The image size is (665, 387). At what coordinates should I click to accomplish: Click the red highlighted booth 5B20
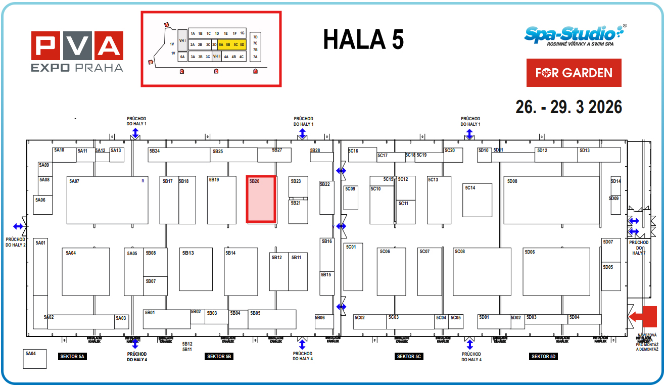point(261,199)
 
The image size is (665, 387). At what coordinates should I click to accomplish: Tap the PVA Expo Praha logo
point(77,52)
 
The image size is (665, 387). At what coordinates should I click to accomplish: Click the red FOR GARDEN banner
point(574,73)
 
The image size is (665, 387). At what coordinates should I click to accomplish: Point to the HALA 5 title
point(363,39)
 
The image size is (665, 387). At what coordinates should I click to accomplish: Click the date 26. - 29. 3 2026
point(568,107)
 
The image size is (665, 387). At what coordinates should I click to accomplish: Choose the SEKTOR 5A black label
point(73,357)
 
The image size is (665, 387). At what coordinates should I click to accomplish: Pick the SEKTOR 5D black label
point(543,357)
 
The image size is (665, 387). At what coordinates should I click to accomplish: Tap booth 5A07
point(107,200)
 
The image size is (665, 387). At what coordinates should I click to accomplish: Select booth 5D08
point(551,200)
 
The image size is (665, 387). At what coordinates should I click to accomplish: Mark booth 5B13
point(196,269)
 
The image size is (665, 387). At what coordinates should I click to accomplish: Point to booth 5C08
point(482,272)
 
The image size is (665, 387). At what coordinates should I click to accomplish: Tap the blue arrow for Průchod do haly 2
point(18,226)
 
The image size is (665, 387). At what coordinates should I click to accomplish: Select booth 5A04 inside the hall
point(85,272)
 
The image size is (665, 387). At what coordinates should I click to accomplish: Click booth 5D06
point(556,272)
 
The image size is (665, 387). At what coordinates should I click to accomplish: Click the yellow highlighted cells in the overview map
point(231,44)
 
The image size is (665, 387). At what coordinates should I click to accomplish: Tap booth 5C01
point(353,267)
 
